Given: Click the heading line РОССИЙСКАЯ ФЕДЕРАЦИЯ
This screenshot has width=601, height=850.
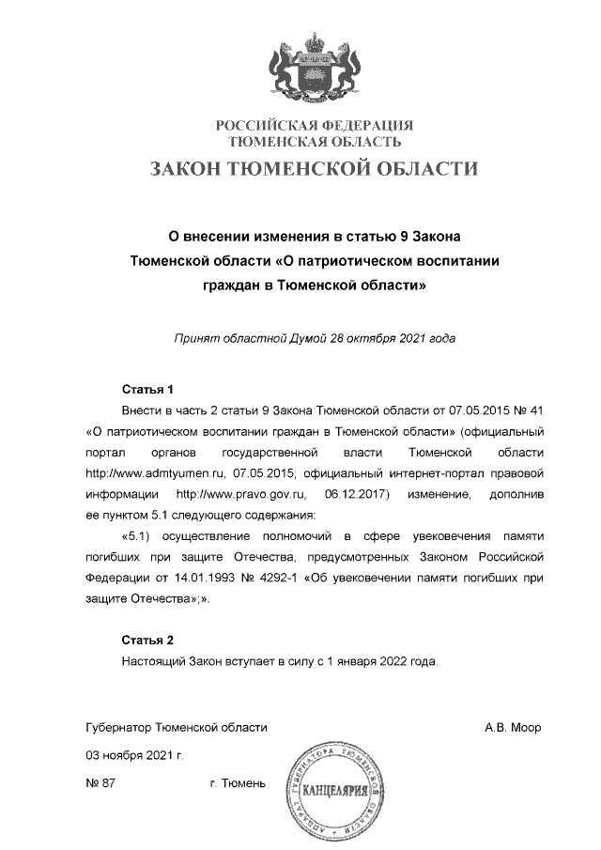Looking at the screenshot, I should (x=316, y=126).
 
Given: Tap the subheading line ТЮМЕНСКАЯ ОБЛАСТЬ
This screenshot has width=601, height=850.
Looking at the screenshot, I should (x=316, y=142).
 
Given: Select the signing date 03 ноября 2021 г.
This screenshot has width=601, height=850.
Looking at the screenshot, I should (x=133, y=755).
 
